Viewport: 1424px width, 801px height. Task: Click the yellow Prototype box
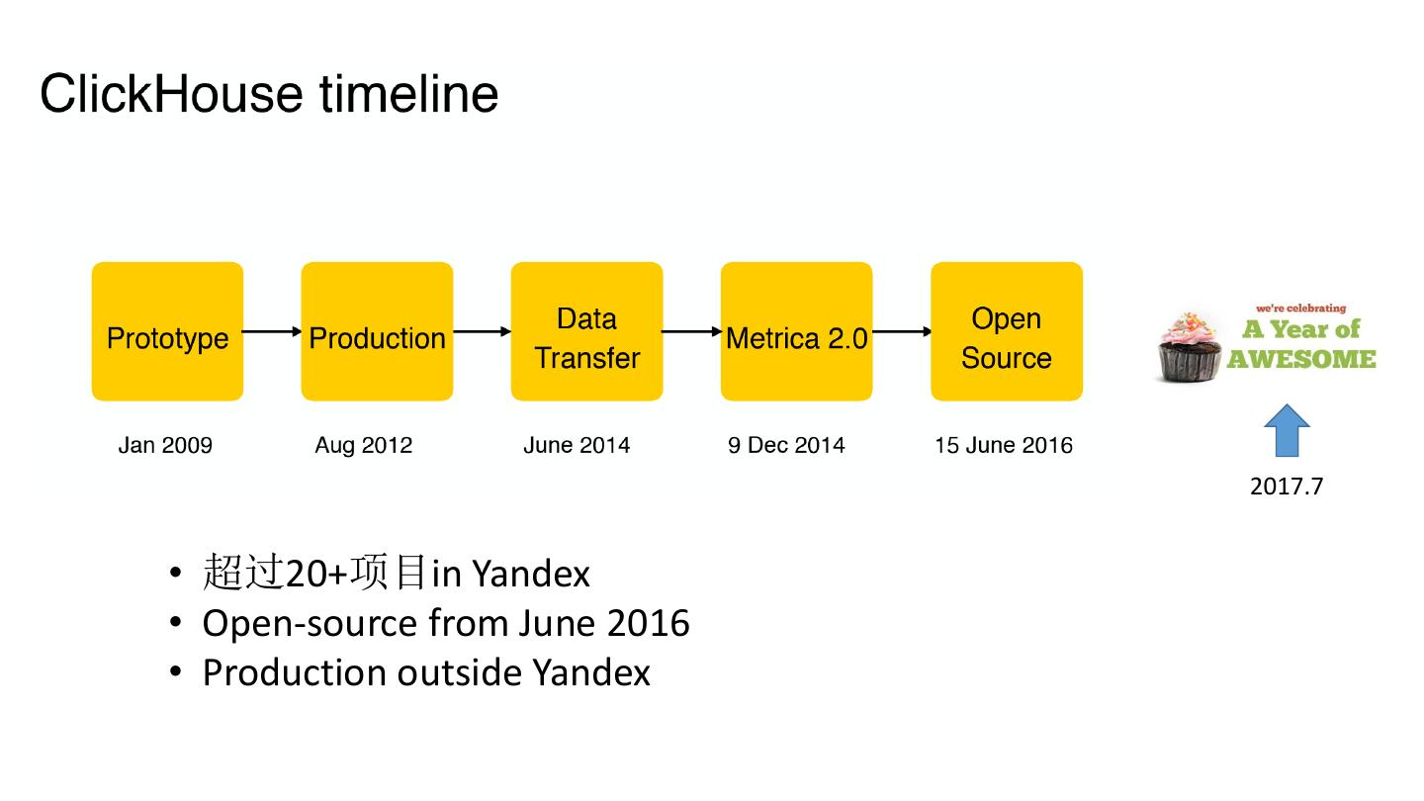click(x=167, y=331)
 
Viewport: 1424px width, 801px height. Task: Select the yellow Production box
click(x=377, y=331)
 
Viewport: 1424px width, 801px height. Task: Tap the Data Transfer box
click(x=586, y=331)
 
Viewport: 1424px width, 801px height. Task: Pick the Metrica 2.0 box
click(x=797, y=331)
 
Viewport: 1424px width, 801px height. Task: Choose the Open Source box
click(x=1007, y=331)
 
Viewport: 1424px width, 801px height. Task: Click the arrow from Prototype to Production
click(x=272, y=331)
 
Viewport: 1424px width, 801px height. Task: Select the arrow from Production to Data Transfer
click(x=482, y=331)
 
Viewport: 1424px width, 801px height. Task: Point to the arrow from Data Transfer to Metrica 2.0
click(x=691, y=331)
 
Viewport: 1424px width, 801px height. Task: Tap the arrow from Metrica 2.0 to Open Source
click(x=902, y=331)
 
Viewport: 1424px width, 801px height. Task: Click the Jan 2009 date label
click(x=165, y=445)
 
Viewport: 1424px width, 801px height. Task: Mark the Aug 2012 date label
click(x=364, y=445)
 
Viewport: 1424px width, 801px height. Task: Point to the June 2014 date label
click(x=577, y=445)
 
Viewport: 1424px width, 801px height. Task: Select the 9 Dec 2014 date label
click(x=786, y=445)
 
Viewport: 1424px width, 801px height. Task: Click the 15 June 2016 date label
click(x=1004, y=445)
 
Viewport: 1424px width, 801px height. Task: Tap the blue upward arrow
click(x=1288, y=430)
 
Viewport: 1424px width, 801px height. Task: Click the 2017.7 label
click(x=1287, y=487)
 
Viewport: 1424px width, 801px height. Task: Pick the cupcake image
click(x=1190, y=347)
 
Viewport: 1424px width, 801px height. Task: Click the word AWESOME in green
click(x=1301, y=359)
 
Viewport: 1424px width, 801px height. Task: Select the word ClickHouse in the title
click(x=172, y=94)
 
